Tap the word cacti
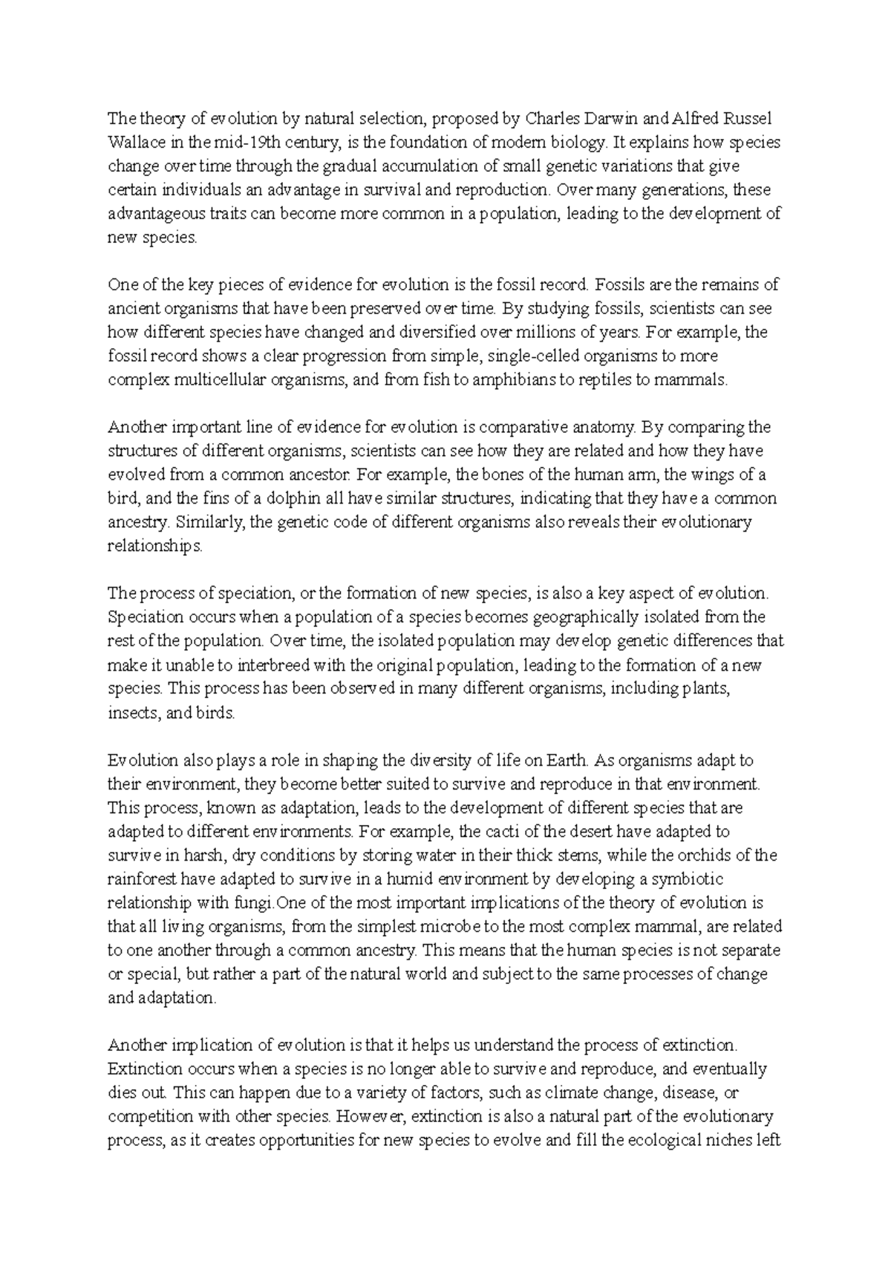502,832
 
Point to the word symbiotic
686,879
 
